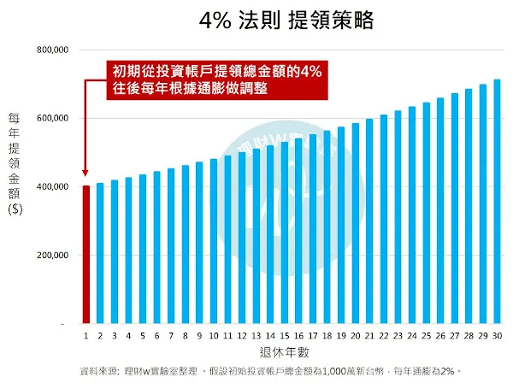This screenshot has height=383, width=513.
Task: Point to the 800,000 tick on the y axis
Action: pos(52,51)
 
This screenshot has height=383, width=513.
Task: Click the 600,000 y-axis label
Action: pos(52,119)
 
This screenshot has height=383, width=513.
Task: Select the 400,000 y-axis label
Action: pos(52,187)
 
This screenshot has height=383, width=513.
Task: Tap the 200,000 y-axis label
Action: pos(52,256)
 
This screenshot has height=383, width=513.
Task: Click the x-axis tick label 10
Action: pos(213,337)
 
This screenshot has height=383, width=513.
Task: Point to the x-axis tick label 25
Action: pos(426,337)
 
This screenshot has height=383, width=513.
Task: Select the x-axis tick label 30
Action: pos(497,337)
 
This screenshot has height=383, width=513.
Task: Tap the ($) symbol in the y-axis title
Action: pos(15,214)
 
